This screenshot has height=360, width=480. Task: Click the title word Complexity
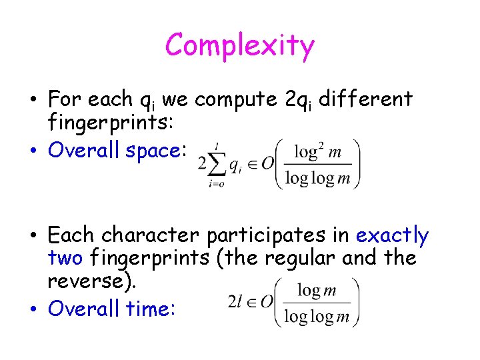click(x=239, y=46)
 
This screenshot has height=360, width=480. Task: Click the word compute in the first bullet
click(x=237, y=100)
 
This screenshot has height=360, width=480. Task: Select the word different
click(x=366, y=99)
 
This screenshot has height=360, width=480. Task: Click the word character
click(x=152, y=235)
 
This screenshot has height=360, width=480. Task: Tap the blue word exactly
click(x=393, y=235)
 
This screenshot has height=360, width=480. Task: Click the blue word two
click(x=65, y=257)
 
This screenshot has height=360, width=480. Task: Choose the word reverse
click(x=89, y=280)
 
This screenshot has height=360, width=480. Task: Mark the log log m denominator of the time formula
click(x=316, y=316)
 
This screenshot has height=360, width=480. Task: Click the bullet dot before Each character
click(x=33, y=236)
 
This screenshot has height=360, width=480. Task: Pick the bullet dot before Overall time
click(x=33, y=309)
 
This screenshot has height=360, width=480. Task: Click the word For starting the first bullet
click(x=65, y=99)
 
